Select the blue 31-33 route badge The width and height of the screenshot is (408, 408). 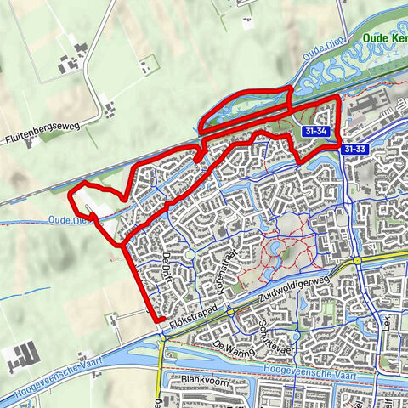(x=356, y=149)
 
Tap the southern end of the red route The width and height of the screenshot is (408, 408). (x=161, y=319)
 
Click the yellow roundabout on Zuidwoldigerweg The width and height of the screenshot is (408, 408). (x=359, y=260)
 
